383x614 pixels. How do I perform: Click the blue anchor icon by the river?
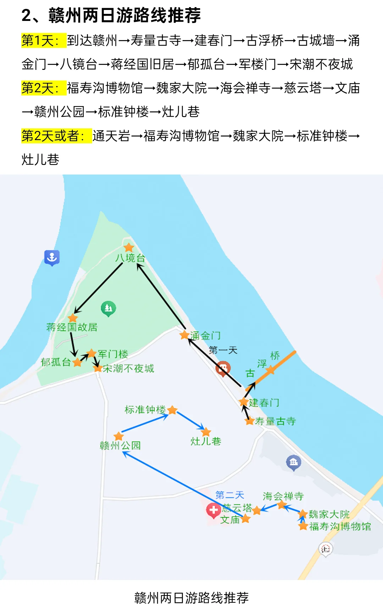[52, 257]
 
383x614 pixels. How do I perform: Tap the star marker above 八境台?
[129, 247]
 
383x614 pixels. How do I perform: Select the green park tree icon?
[109, 308]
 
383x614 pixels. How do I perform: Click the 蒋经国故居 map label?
[72, 327]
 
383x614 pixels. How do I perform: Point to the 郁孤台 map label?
[56, 362]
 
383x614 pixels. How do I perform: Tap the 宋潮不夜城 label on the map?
[128, 369]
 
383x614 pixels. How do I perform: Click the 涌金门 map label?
[205, 336]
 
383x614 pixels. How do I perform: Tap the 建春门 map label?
[264, 403]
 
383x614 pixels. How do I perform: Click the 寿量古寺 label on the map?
[275, 421]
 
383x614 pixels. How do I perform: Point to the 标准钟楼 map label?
[145, 410]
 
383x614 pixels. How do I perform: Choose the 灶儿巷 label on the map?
[206, 441]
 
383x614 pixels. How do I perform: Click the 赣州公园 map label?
[120, 446]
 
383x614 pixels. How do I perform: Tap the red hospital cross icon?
[213, 510]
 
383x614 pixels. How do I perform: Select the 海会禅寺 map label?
[283, 496]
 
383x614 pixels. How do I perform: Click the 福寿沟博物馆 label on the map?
[340, 526]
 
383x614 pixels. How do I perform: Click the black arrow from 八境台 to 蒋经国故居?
[99, 288]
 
